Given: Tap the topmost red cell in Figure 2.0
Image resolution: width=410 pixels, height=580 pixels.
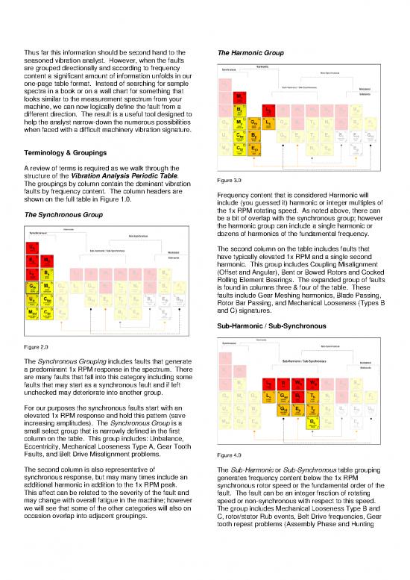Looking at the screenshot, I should click(x=34, y=248).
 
